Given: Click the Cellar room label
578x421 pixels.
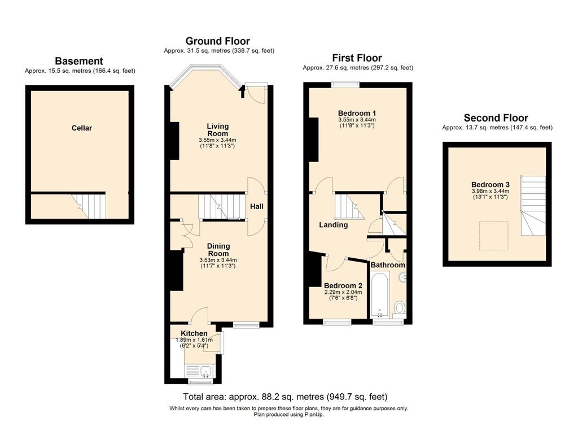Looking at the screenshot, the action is point(81,128).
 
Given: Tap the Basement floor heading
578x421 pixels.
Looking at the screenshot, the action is point(79,61).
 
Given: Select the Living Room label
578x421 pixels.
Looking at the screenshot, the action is point(217,130).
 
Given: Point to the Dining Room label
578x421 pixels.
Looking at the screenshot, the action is point(218,250).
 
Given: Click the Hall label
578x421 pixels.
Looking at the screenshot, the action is point(257,206).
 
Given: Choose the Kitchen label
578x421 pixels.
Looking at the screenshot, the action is point(194,333).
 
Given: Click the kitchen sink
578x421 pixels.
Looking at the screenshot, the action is point(206,371).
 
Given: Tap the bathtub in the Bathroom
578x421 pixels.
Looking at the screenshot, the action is point(379,294).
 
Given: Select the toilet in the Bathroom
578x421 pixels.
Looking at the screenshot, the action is point(399,310).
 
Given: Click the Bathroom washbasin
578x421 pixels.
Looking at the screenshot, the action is point(403,277).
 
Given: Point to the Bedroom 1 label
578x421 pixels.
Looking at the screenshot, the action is point(357,113).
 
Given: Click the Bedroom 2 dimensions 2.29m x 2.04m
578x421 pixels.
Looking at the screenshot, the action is point(343,292).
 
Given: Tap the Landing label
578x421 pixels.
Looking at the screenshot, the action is point(333,225).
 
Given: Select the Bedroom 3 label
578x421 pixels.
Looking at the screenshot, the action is point(491,184).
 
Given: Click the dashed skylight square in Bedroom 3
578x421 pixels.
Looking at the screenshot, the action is point(493,236).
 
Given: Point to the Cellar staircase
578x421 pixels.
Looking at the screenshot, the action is point(90,206).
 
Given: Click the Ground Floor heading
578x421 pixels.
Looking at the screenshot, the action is point(217,41).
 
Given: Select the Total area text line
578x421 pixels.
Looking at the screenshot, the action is point(285,397).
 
